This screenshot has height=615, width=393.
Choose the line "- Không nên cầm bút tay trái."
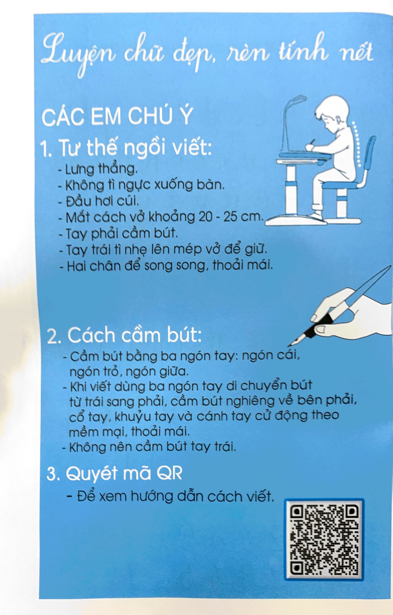(149, 447)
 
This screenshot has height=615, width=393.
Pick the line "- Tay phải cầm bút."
(118, 233)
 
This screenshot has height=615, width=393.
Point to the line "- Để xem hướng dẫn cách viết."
(170, 497)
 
